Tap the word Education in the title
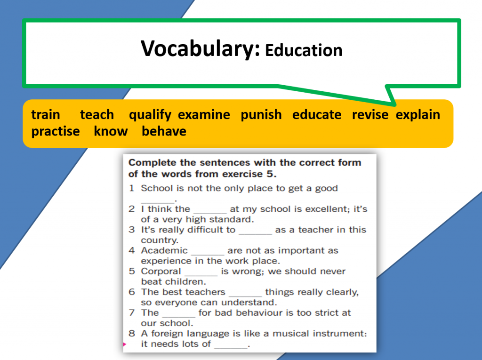(x=304, y=50)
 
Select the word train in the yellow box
(x=46, y=115)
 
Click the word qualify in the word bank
(x=150, y=115)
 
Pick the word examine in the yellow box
(x=204, y=115)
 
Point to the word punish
(x=261, y=115)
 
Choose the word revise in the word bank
(x=370, y=115)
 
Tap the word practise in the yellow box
(x=56, y=132)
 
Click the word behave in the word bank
(x=164, y=131)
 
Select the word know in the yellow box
(x=111, y=131)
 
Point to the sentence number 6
(x=132, y=292)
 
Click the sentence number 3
(x=132, y=230)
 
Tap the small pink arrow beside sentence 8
(x=124, y=344)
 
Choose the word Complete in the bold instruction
(x=153, y=163)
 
